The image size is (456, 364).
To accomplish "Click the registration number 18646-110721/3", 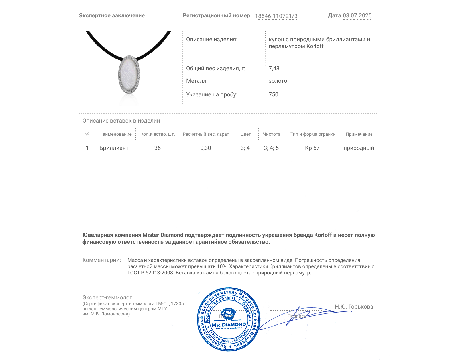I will click(x=276, y=16).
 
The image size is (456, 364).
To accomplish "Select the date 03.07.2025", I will click(x=357, y=15).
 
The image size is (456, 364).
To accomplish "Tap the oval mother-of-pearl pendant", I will click(x=129, y=75).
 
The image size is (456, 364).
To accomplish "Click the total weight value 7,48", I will click(x=274, y=68).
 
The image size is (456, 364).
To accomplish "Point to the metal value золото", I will click(x=278, y=81).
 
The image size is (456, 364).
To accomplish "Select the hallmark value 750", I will click(x=273, y=94).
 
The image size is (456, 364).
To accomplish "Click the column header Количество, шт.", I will click(x=158, y=134).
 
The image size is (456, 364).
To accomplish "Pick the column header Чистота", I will click(x=272, y=134).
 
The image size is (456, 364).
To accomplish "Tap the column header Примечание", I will click(x=359, y=134).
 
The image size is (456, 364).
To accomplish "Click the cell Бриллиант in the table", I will click(x=114, y=148).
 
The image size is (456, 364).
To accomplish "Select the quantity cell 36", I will click(x=157, y=148).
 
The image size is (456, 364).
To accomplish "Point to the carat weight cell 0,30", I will click(x=205, y=148).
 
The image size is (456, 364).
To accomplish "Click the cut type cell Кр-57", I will click(x=312, y=148).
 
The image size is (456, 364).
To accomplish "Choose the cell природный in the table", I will click(x=359, y=148).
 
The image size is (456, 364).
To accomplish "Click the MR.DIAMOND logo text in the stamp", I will click(x=229, y=324).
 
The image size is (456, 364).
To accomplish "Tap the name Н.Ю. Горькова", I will click(x=354, y=307).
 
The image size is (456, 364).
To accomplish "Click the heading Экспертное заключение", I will click(x=112, y=15).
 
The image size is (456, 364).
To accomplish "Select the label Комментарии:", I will click(x=101, y=260).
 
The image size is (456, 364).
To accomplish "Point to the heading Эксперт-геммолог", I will click(x=107, y=297).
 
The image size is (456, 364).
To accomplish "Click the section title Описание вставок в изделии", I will click(x=121, y=121).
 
